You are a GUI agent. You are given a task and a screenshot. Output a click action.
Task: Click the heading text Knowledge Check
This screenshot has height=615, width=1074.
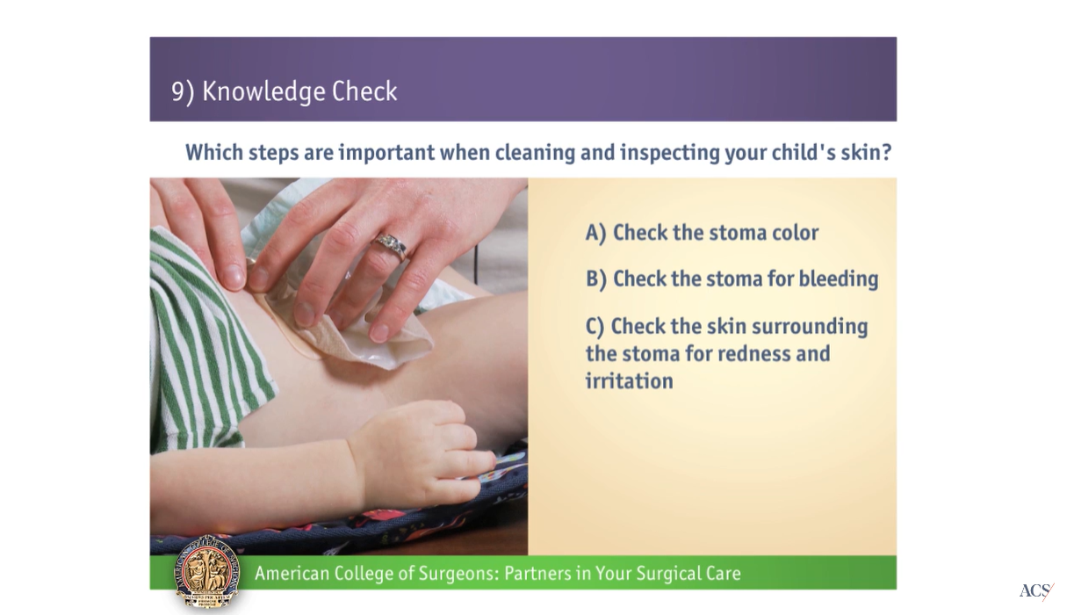pyautogui.click(x=299, y=91)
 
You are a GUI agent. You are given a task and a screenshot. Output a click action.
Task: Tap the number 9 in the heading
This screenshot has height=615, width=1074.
pyautogui.click(x=178, y=91)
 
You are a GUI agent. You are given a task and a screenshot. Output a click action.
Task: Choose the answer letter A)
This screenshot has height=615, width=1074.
pyautogui.click(x=596, y=233)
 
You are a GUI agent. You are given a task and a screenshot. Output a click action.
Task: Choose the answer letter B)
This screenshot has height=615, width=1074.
pyautogui.click(x=596, y=279)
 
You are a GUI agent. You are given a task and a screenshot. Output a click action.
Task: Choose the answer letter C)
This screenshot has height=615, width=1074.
pyautogui.click(x=595, y=326)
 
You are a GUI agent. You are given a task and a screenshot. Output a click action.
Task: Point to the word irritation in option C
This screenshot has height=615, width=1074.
pyautogui.click(x=629, y=381)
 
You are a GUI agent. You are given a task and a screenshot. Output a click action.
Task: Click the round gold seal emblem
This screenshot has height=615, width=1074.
pyautogui.click(x=207, y=571)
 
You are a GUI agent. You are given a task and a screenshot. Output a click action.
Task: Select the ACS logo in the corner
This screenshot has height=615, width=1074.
pyautogui.click(x=1035, y=591)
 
